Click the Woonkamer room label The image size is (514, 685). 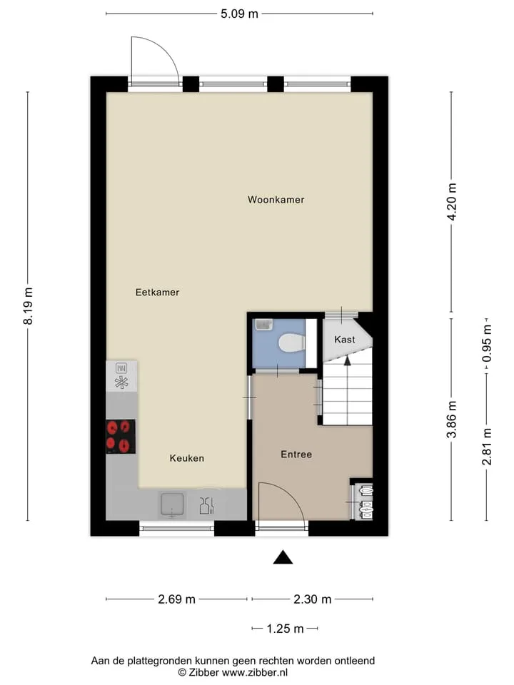[276, 200]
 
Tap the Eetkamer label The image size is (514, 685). [157, 293]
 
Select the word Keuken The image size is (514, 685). [186, 458]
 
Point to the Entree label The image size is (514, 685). [296, 455]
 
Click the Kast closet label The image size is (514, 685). [344, 340]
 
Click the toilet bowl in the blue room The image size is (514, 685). [291, 343]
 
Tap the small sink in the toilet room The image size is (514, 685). [263, 324]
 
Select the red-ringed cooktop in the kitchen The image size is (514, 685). [121, 437]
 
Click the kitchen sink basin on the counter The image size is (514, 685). [172, 504]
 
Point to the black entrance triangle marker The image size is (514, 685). [283, 558]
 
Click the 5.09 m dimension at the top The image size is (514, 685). [239, 14]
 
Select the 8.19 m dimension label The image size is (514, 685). [28, 306]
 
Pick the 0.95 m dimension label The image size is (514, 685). [486, 343]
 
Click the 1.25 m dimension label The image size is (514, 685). [285, 629]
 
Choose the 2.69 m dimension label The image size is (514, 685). [176, 599]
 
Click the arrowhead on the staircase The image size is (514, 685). [348, 360]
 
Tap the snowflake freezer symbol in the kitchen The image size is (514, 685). [121, 382]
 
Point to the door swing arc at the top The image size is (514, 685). [164, 49]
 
